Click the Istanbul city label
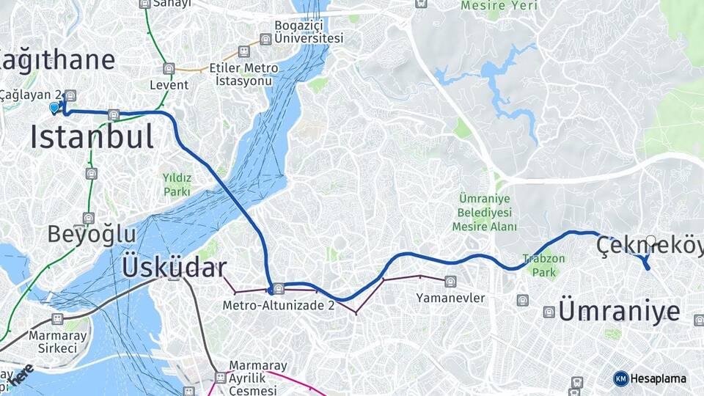point(92,137)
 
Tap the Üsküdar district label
point(174,268)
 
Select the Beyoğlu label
point(92,234)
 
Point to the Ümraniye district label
point(619,310)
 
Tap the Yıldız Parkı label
point(177,184)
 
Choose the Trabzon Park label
point(543,264)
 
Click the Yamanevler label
point(450,298)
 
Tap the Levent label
point(169,85)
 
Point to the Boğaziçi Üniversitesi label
point(308,32)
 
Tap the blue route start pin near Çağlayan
point(54,108)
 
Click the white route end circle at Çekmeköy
point(651,240)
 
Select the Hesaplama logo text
point(658,378)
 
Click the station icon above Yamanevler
point(450,281)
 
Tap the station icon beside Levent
point(169,68)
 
